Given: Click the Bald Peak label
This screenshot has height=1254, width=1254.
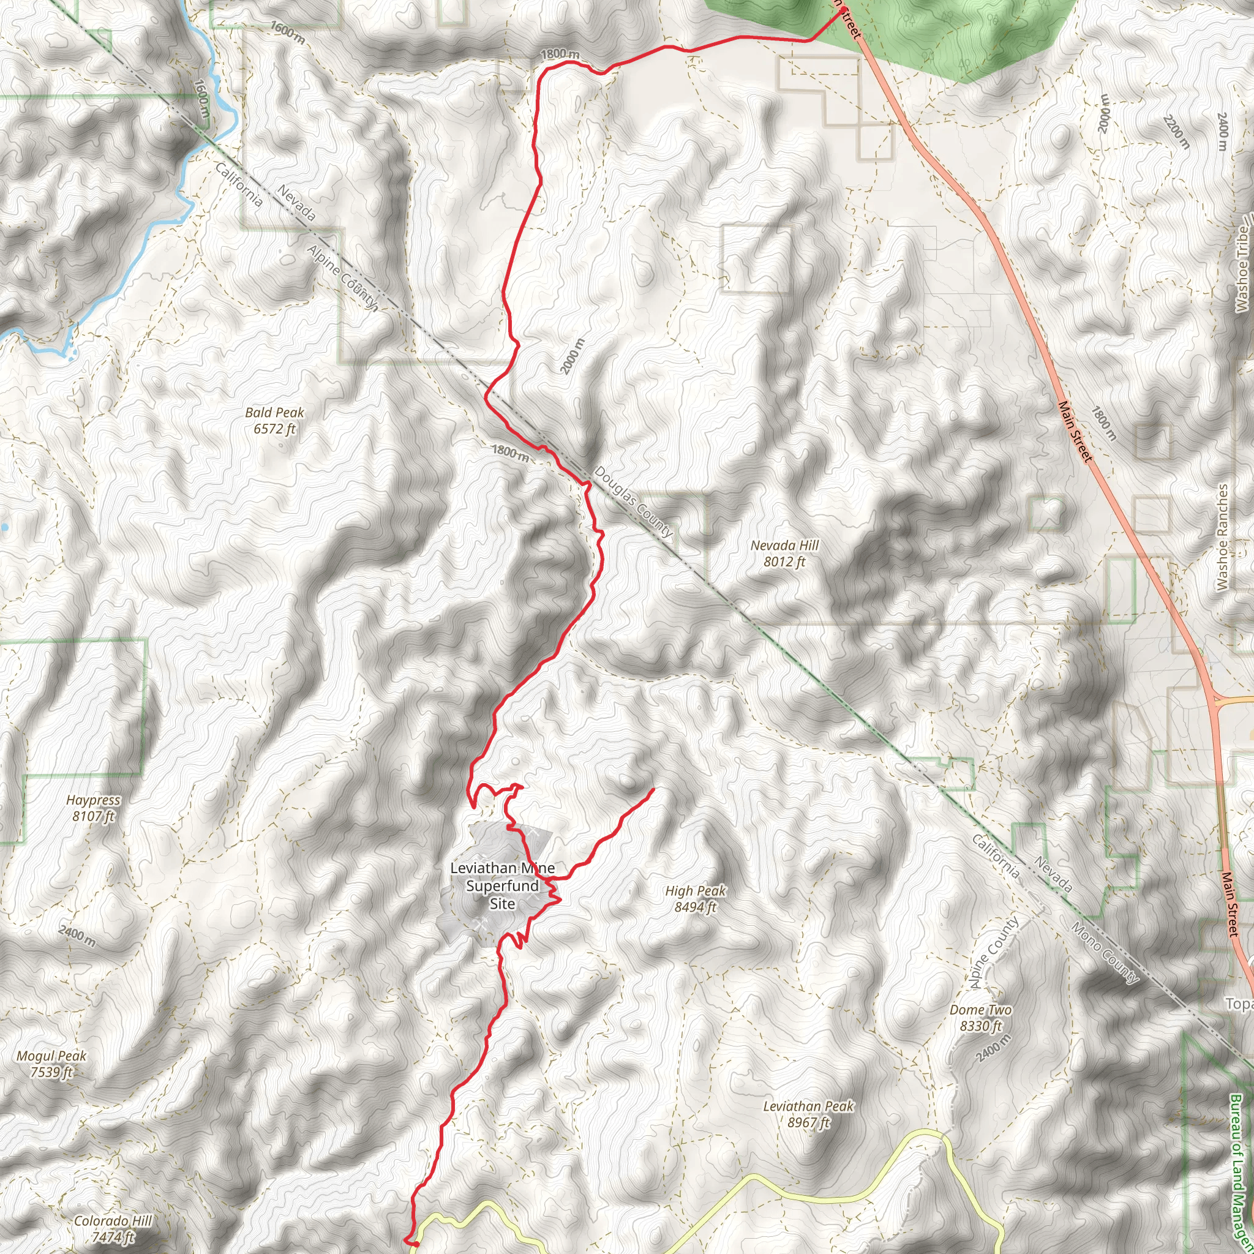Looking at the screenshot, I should coord(274,413).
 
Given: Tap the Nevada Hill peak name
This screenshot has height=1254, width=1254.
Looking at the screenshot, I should coord(784,546).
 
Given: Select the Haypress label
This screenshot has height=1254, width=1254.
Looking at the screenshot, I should coord(94,800).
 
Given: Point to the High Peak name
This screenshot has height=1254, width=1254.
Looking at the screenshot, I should coord(695,891).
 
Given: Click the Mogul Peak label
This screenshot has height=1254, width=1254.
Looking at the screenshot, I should coord(51,1056).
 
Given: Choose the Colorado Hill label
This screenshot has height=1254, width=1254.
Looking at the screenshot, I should coord(113,1221).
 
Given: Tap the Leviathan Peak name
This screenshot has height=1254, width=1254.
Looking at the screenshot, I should coord(808,1106).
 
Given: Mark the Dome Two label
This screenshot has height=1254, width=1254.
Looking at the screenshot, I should coord(980,1010).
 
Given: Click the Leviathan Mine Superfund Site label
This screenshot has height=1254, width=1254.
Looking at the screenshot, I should coord(502,886).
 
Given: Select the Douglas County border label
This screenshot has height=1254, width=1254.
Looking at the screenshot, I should coord(634,501).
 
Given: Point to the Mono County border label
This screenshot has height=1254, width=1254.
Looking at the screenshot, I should coord(1104,953).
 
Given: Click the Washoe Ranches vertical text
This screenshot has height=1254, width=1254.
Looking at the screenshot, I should coord(1223,538).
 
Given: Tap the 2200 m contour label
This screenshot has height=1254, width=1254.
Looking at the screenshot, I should coord(1176,132).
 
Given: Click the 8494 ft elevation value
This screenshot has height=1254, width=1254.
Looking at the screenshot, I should coord(695,907).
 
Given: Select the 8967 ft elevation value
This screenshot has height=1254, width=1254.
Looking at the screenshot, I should coord(808,1122).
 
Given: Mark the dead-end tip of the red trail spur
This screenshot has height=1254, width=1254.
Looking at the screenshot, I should coord(652,789).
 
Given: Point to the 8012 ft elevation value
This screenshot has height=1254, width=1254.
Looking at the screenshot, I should coord(784,562).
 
